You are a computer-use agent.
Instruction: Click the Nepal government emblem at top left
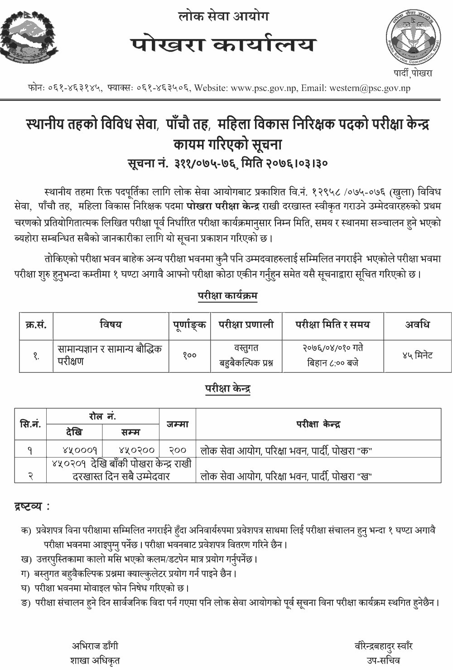pyautogui.click(x=29, y=39)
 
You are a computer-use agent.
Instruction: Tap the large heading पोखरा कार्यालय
pyautogui.click(x=224, y=45)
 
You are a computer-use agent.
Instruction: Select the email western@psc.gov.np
pyautogui.click(x=365, y=88)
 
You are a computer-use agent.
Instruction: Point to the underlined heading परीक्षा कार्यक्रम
pyautogui.click(x=227, y=296)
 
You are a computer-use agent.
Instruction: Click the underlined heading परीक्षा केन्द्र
pyautogui.click(x=227, y=389)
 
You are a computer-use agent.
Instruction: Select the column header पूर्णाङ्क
pyautogui.click(x=189, y=324)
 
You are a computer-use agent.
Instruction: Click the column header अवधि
pyautogui.click(x=417, y=324)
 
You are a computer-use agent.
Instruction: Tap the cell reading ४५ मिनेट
pyautogui.click(x=417, y=356)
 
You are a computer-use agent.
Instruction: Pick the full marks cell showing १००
pyautogui.click(x=189, y=356)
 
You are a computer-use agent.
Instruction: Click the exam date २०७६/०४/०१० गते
pyautogui.click(x=333, y=348)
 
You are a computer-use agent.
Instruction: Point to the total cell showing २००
pyautogui.click(x=178, y=450)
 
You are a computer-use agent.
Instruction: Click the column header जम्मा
pyautogui.click(x=178, y=424)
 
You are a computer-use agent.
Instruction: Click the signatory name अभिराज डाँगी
pyautogui.click(x=95, y=646)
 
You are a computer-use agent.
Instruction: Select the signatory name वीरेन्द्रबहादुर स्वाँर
pyautogui.click(x=383, y=646)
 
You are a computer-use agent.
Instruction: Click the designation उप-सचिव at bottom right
pyautogui.click(x=383, y=660)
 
